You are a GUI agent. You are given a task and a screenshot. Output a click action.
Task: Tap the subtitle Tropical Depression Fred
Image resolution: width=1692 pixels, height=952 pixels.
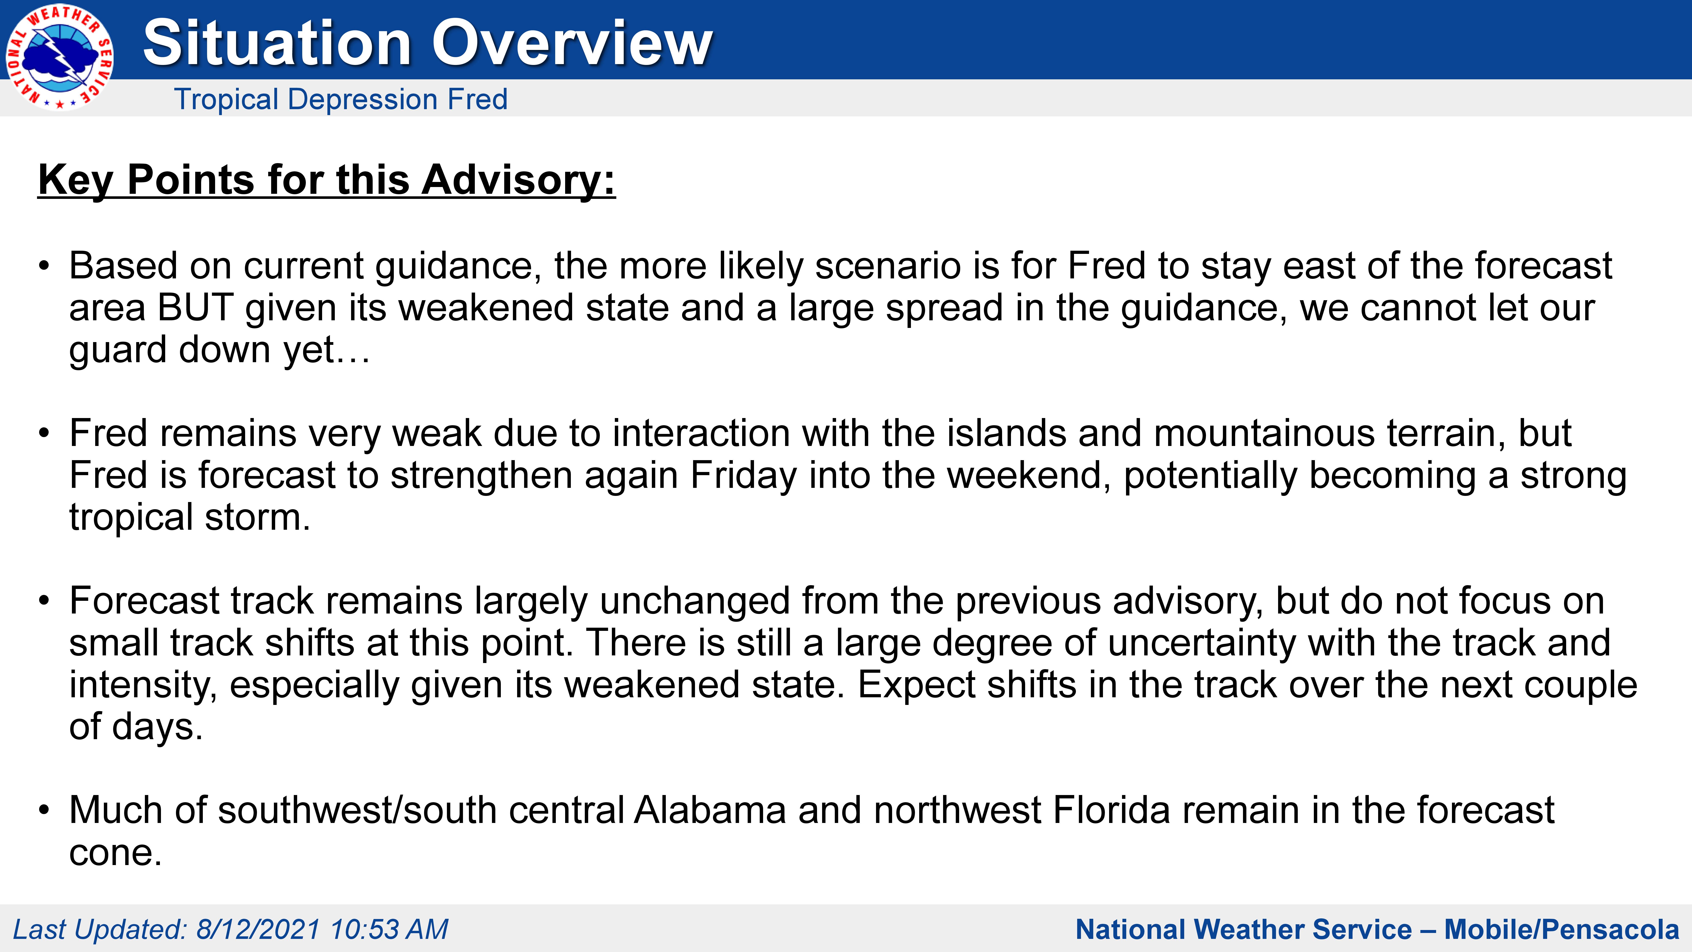click(x=341, y=99)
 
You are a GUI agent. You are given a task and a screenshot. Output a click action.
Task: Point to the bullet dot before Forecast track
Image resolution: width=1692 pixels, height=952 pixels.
click(x=44, y=601)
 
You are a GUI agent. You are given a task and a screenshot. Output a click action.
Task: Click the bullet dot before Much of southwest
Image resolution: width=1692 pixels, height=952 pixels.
click(x=44, y=810)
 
